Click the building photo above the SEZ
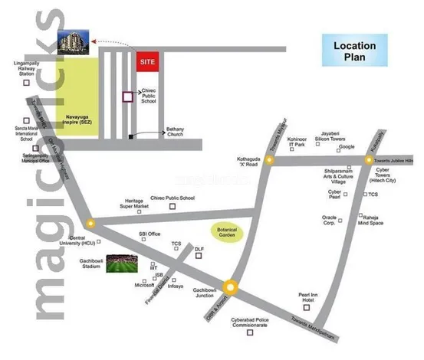pyautogui.click(x=74, y=38)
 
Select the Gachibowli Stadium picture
pyautogui.click(x=123, y=265)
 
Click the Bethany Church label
pyautogui.click(x=176, y=133)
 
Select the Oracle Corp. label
pyautogui.click(x=330, y=220)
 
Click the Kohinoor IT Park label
pyautogui.click(x=297, y=142)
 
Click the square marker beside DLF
pyautogui.click(x=198, y=257)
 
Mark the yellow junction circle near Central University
pyautogui.click(x=91, y=224)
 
